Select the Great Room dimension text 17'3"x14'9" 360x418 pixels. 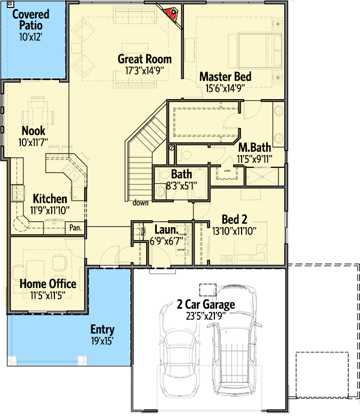click(145, 70)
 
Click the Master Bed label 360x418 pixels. click(225, 77)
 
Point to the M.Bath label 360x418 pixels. click(255, 147)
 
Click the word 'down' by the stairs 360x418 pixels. click(141, 203)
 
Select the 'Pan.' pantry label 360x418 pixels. click(75, 228)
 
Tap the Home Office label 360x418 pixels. click(48, 284)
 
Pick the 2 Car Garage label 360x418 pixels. click(206, 305)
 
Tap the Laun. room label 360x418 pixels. click(165, 230)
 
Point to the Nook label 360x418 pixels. click(33, 131)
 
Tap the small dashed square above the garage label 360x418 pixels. click(207, 290)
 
